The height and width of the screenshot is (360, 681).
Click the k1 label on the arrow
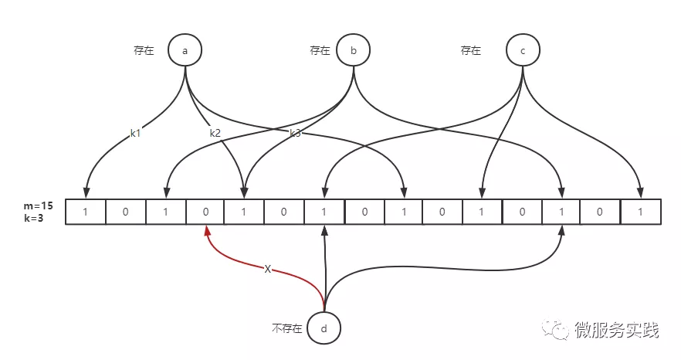(136, 133)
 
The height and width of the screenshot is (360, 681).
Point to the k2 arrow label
(215, 133)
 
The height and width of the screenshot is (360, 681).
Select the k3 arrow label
(295, 133)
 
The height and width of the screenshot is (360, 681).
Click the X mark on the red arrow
(267, 270)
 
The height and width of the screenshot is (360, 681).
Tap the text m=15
(39, 206)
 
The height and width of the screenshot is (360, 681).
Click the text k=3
(34, 218)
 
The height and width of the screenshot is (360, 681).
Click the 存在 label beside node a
(144, 50)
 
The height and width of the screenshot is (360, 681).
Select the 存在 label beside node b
(320, 50)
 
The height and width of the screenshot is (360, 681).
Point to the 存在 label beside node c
(471, 50)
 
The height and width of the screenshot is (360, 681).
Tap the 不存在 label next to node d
(286, 328)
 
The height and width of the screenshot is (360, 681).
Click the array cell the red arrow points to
(205, 212)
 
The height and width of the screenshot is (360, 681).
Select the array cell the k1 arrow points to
(86, 212)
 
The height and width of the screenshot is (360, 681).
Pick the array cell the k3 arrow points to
(404, 212)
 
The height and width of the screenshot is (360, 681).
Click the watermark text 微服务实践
(617, 331)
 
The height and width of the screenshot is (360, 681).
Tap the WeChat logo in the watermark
(555, 329)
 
